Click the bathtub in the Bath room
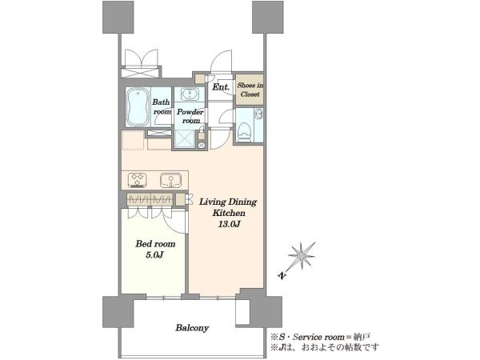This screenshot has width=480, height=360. coord(138,107)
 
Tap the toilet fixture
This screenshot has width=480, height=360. coord(245,131)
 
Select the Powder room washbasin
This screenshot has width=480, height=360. coord(190,94)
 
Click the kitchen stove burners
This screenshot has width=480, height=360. coord(137,180)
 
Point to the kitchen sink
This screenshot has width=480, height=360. coord(171,180)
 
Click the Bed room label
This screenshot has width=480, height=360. coord(155,244)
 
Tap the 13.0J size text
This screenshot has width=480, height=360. coord(229,224)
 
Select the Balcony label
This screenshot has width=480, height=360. coord(192,328)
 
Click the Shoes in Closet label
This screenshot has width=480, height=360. coord(250,90)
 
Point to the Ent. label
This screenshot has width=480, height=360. coord(221,87)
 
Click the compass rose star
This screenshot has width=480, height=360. coord(302,256)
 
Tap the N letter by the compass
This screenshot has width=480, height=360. coord(282,275)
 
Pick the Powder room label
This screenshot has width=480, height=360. coord(190,116)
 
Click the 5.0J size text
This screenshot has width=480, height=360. coord(155,254)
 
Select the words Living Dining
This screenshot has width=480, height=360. coord(228,202)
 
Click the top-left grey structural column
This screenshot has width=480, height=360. coord(118,17)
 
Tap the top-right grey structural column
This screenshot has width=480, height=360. coord(267,17)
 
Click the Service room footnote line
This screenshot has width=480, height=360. coord(320,337)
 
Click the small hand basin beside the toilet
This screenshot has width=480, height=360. coord(259,114)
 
